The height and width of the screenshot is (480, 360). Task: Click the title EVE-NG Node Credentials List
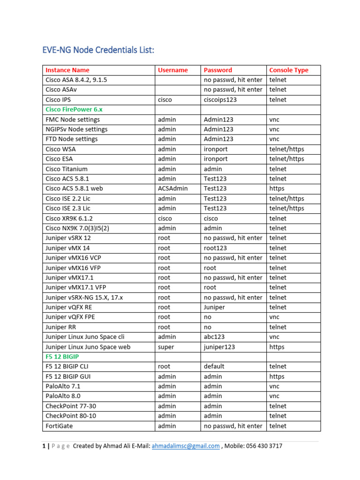point(98,50)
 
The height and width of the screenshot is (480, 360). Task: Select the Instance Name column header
point(67,70)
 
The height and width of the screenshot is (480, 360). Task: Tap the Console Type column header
point(289,70)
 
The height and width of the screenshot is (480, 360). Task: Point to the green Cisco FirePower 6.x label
point(74,110)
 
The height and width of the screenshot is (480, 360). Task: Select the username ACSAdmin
point(173,188)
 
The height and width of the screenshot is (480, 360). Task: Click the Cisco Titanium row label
point(67,169)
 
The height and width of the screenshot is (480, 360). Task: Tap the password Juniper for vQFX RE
point(214,307)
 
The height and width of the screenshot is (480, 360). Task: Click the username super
point(166,347)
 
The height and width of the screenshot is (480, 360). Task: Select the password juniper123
point(219,347)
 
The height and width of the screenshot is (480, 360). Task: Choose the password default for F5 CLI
point(214,367)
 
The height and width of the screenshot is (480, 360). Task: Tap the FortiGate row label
point(59,426)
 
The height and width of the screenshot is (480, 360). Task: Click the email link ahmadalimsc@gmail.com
point(186,446)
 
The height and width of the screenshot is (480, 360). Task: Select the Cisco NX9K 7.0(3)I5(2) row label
point(77,228)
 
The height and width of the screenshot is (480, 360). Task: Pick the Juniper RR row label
point(62,327)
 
